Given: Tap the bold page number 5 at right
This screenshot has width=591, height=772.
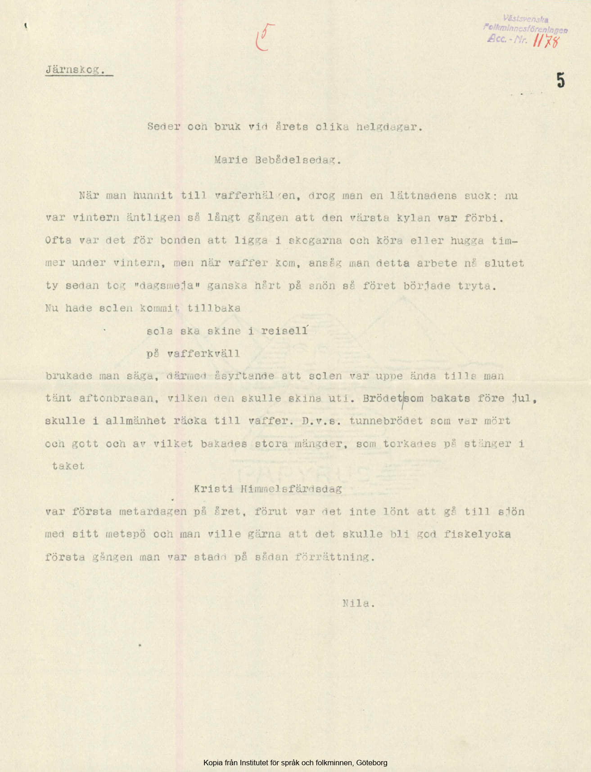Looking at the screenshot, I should tap(560, 80).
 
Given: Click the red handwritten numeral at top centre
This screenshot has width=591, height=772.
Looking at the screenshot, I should tap(265, 37).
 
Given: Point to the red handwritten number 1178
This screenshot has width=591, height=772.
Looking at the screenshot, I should tap(546, 41).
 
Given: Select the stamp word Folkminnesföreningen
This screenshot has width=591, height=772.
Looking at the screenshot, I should tap(525, 29).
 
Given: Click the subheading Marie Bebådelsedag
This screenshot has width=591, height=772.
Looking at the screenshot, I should tap(278, 161).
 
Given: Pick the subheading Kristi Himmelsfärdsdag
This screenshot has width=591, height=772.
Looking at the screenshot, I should tap(268, 489).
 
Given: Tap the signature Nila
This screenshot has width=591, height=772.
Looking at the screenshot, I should tap(358, 603).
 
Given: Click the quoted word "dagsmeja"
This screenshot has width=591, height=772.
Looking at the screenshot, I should tap(167, 286).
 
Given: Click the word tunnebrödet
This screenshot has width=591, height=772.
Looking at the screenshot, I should tap(386, 421).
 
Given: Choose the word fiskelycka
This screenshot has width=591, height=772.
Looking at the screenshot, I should tap(477, 534).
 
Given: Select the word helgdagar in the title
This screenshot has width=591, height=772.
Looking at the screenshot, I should tap(389, 127).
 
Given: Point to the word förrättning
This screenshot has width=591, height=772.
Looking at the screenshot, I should tap(334, 557).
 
